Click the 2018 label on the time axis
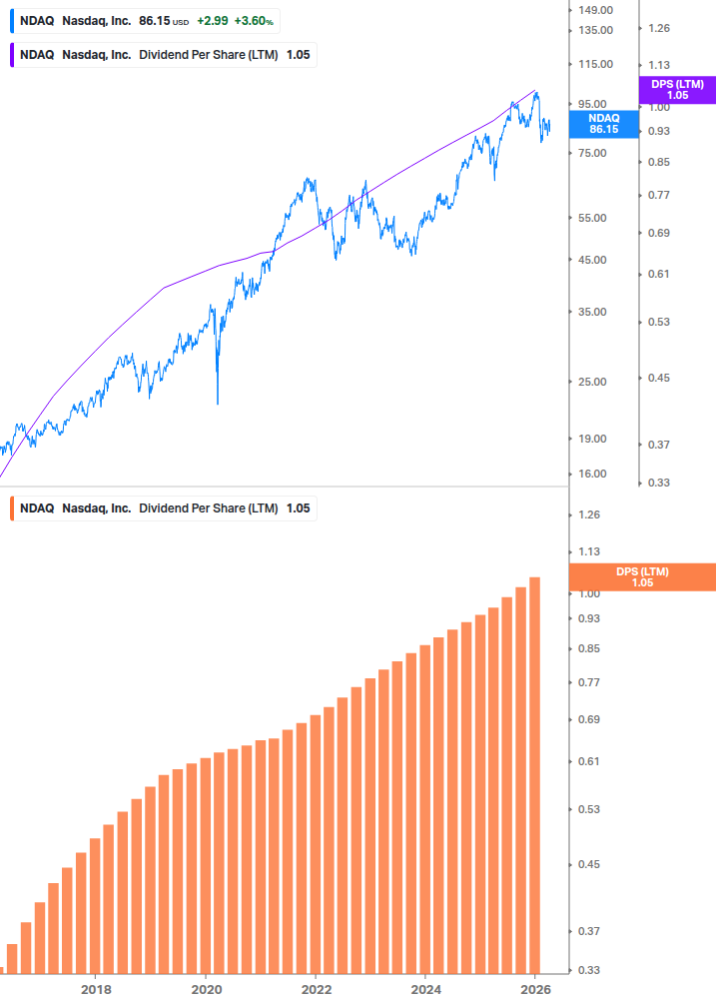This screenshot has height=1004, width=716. click(96, 989)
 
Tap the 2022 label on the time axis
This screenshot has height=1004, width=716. click(316, 989)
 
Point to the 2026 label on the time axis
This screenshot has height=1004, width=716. click(536, 989)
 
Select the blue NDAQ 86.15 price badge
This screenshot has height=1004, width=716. click(603, 123)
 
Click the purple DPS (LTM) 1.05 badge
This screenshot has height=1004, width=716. click(677, 90)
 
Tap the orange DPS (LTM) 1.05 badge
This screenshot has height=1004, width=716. click(641, 576)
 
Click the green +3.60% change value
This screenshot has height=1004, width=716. click(255, 20)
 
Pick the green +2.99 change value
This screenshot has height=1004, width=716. click(212, 20)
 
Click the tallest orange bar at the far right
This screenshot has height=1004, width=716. click(534, 774)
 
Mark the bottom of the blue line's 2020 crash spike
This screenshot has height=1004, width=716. click(218, 403)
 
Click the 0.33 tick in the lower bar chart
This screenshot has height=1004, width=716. click(589, 970)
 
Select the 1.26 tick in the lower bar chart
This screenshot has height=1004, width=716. click(589, 515)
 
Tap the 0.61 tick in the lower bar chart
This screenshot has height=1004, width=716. click(589, 761)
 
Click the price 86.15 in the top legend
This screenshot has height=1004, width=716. click(155, 20)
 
